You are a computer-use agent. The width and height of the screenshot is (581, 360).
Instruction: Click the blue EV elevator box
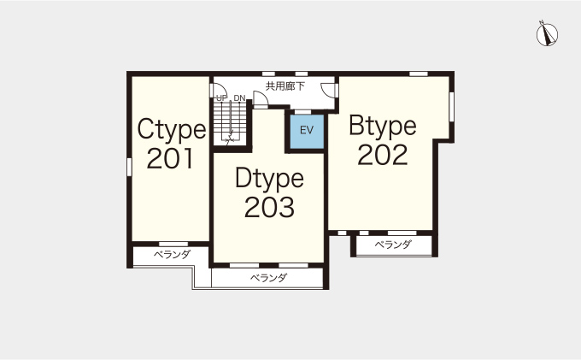point(307,132)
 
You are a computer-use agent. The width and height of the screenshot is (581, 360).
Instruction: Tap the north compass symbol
point(547,33)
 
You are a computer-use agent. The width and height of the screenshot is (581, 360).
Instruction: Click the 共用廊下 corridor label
point(285,86)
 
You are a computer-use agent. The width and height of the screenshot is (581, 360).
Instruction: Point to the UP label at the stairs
point(221,98)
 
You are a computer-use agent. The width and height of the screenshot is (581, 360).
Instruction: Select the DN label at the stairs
point(240,98)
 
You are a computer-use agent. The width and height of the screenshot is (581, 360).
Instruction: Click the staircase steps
point(230,121)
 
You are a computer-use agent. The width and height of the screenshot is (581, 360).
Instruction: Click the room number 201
point(170,158)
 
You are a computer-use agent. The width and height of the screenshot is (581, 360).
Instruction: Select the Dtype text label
point(269,180)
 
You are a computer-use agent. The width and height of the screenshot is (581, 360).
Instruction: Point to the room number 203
point(269,207)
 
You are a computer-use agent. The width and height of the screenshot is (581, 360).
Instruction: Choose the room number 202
point(383,155)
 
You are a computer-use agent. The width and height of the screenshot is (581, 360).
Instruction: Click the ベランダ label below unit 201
point(173,255)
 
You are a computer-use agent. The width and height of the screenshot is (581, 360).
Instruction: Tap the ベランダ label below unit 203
point(268,278)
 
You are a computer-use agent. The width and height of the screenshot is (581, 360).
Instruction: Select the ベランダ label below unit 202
point(393,245)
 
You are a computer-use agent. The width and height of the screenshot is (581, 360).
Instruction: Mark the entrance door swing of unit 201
point(219,91)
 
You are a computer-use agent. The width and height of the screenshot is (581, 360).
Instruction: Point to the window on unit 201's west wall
point(129,168)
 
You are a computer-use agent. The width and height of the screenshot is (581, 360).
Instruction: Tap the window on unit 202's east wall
point(452,106)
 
